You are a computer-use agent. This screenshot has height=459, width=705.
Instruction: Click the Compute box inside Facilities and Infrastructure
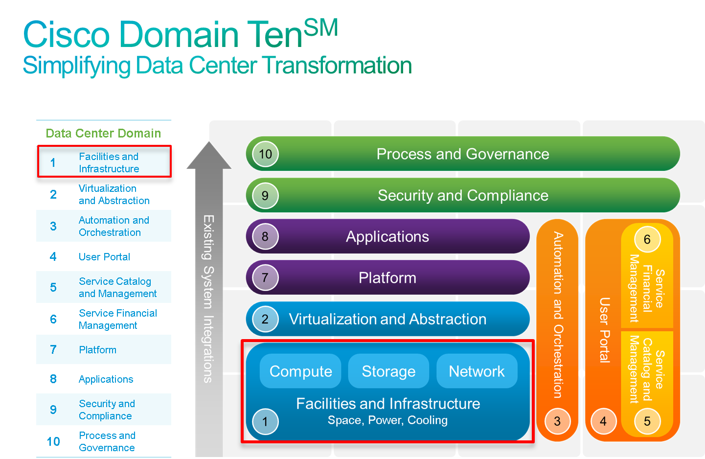point(300,371)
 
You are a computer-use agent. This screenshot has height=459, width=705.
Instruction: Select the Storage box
point(388,371)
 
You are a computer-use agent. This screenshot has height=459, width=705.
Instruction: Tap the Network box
point(477,371)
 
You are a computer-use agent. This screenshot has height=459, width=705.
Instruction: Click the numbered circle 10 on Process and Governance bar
point(265,154)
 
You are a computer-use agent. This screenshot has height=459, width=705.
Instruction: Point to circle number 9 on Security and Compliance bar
point(265,196)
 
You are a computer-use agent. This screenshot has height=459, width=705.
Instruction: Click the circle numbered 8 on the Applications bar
point(265,236)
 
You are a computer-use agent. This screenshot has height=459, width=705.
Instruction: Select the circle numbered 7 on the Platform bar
point(265,277)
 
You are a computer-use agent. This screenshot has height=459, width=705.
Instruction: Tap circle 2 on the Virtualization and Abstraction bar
point(265,319)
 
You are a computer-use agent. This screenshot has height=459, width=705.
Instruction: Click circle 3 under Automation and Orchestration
point(557,421)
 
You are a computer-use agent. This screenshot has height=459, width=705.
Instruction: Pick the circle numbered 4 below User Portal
point(603,421)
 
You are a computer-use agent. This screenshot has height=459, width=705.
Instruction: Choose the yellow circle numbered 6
point(647,239)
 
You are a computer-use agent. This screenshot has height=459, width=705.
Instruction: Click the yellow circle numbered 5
point(647,421)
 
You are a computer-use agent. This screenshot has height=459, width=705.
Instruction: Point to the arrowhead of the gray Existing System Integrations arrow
point(209,142)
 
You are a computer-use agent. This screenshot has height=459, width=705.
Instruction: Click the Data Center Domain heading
point(103,133)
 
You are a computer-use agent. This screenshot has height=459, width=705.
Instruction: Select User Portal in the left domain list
point(104,257)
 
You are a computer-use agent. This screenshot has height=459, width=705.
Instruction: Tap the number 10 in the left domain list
point(53,441)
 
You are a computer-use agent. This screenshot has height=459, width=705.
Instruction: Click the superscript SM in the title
point(321,27)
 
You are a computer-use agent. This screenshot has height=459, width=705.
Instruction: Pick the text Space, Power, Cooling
point(387,420)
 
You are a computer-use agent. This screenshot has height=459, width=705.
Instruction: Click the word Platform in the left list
point(97,350)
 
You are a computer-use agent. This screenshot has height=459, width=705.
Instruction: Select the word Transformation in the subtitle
point(337,65)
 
